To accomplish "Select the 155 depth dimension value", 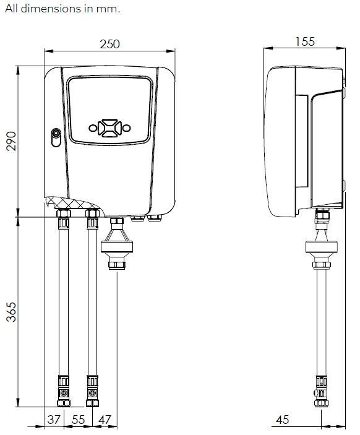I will click(x=304, y=42).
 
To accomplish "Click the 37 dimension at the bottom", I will click(x=54, y=420).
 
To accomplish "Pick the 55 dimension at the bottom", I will click(x=78, y=420).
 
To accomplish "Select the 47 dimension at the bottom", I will click(x=105, y=420).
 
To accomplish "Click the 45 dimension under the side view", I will click(x=282, y=420).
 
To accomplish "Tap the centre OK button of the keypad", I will click(x=109, y=127).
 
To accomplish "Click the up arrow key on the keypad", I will click(x=109, y=121).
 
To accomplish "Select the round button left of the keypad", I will click(x=93, y=128).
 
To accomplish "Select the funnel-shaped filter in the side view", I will click(x=322, y=243).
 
